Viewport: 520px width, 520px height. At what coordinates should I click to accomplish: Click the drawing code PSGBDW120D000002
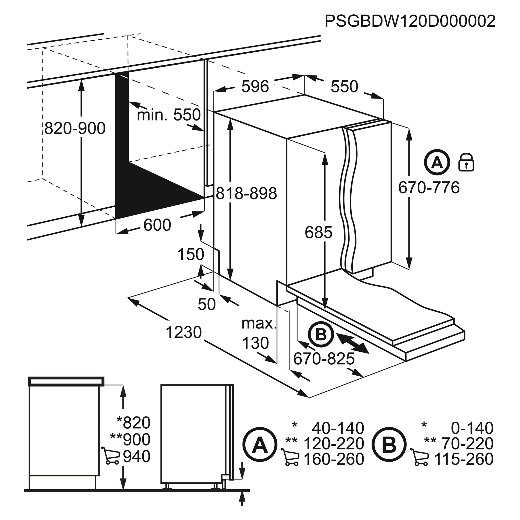click(x=410, y=21)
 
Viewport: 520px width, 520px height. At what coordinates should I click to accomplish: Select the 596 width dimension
click(x=255, y=86)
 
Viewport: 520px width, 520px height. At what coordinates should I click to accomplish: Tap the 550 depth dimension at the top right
click(x=344, y=86)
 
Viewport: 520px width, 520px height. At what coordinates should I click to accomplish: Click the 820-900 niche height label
click(x=75, y=128)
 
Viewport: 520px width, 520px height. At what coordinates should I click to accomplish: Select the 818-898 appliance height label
click(x=246, y=193)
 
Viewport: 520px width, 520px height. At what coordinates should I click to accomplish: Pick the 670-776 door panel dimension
click(x=429, y=188)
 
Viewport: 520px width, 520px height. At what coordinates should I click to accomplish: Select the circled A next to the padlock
click(x=437, y=162)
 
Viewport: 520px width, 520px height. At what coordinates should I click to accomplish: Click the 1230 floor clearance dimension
click(x=184, y=332)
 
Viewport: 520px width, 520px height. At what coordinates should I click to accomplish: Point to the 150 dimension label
click(x=191, y=254)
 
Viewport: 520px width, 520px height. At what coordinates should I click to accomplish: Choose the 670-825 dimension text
click(x=324, y=359)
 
